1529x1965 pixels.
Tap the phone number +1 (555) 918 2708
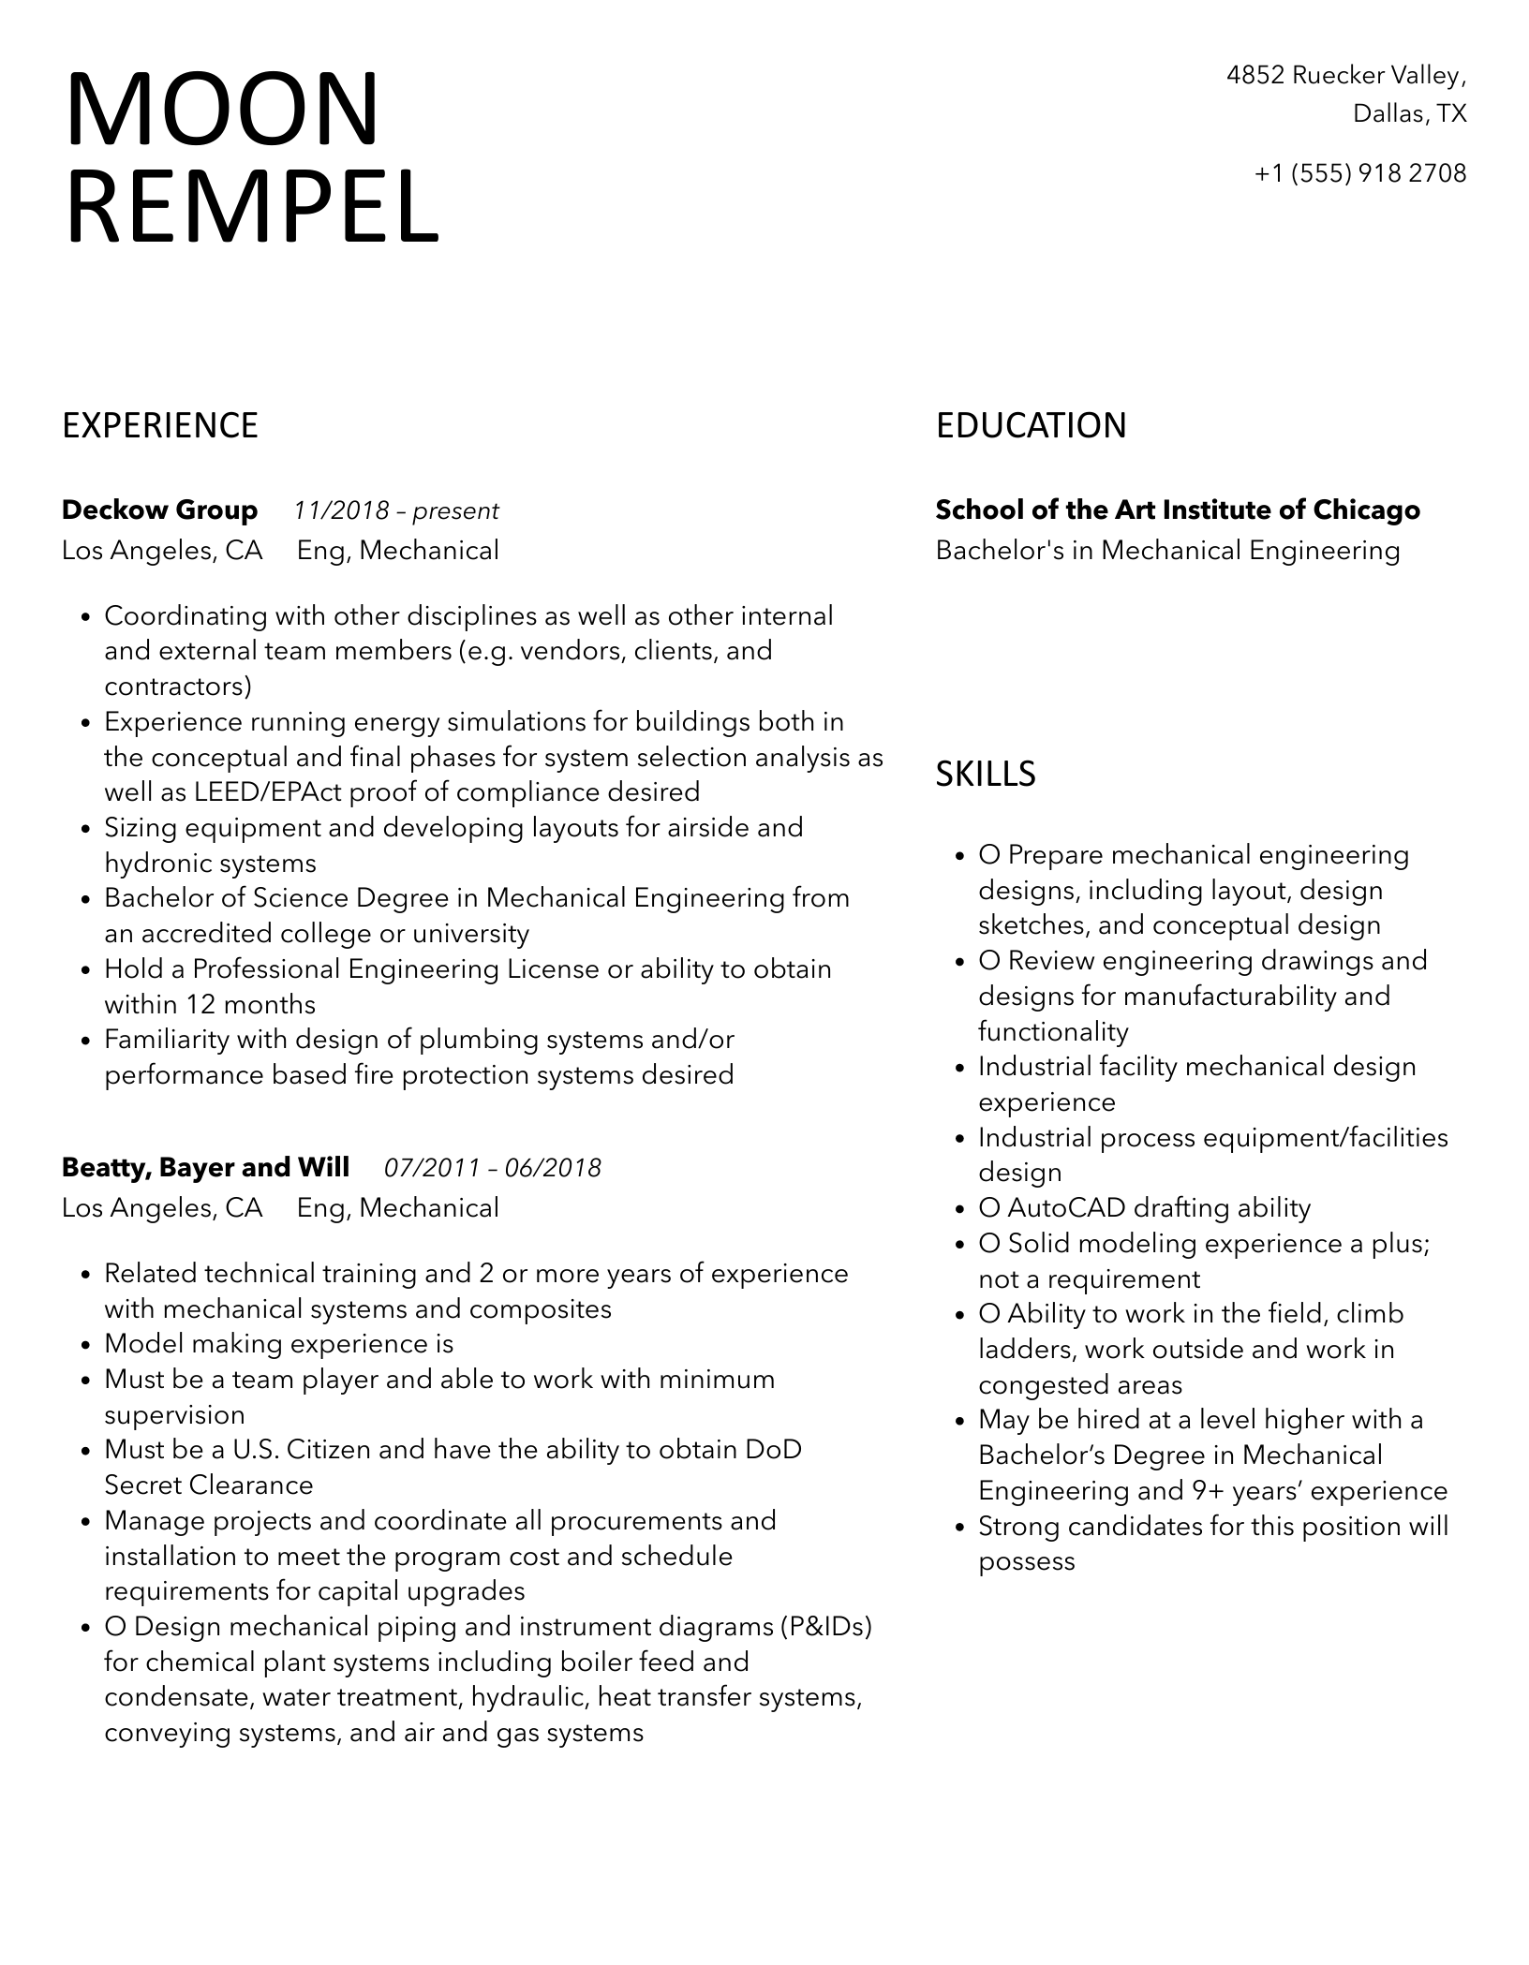[x=1360, y=173]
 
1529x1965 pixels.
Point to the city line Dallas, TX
[x=1409, y=113]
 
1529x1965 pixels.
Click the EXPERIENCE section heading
[x=160, y=426]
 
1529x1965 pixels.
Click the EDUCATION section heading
[x=1031, y=426]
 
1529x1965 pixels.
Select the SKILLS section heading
[x=986, y=775]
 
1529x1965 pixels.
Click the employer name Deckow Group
[x=159, y=510]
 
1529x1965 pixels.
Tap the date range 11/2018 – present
[x=395, y=511]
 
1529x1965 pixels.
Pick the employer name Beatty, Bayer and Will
[x=205, y=1168]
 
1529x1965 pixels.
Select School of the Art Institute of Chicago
[x=1178, y=510]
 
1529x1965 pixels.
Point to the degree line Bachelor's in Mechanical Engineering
[x=1167, y=551]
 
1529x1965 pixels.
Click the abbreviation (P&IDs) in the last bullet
[x=825, y=1627]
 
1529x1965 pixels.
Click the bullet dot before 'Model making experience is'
[x=85, y=1346]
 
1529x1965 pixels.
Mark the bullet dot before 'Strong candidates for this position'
[x=959, y=1529]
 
